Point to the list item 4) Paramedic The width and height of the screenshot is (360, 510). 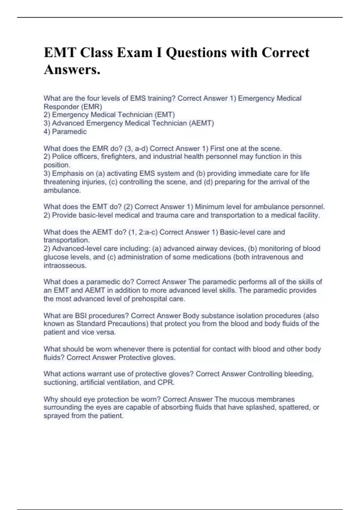coord(65,131)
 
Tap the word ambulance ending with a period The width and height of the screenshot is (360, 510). coord(62,190)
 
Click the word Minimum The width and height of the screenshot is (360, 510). coord(209,207)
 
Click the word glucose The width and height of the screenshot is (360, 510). coord(56,257)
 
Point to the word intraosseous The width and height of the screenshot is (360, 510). coord(65,265)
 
